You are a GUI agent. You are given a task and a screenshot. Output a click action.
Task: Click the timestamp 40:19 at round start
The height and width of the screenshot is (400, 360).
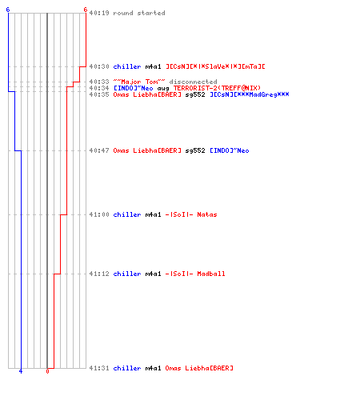99,13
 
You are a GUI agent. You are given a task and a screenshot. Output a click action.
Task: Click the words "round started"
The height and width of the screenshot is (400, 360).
139,13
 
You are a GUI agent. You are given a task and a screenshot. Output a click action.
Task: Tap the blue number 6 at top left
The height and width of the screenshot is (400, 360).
8,10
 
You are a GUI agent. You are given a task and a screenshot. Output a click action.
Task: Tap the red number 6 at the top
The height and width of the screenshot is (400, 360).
86,10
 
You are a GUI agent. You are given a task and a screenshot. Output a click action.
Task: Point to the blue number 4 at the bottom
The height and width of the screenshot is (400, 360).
21,371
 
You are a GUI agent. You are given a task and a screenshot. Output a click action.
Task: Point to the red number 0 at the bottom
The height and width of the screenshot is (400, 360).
47,371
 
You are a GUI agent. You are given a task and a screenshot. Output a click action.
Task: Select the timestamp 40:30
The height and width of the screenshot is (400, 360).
99,66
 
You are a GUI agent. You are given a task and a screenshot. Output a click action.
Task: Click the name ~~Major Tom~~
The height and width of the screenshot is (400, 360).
139,82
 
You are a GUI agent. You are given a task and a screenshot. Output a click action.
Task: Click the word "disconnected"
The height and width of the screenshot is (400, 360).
194,82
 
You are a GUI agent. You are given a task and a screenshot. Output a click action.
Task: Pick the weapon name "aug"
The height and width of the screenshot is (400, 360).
163,88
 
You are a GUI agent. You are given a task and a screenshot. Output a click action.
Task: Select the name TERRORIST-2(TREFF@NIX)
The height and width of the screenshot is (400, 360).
217,88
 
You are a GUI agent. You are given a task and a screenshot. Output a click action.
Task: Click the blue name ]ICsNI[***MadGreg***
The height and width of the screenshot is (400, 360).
250,94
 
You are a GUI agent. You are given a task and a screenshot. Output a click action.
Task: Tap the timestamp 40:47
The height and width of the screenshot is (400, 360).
99,150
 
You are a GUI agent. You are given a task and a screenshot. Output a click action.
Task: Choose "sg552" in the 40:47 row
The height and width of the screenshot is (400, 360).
195,150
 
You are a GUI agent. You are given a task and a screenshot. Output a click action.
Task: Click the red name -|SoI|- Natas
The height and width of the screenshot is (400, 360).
191,214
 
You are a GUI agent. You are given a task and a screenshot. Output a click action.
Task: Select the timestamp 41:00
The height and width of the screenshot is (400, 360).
99,214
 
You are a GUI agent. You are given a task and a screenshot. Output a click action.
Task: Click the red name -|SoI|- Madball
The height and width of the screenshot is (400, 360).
195,274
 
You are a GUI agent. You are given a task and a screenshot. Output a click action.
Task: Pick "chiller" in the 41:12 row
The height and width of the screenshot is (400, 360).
127,274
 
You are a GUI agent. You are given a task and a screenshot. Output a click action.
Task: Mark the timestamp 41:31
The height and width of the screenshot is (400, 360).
99,368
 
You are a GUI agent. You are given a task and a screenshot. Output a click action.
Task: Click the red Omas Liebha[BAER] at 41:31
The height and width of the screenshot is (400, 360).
199,368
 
